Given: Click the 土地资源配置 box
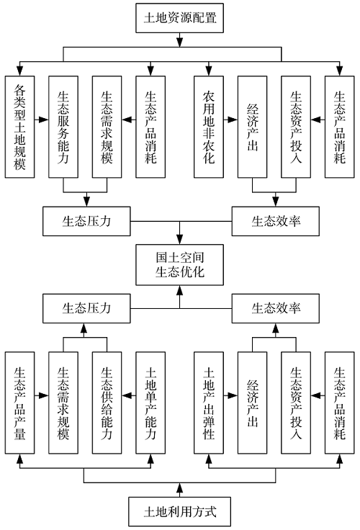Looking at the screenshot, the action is (x=179, y=18).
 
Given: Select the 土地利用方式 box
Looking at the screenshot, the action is (x=179, y=511).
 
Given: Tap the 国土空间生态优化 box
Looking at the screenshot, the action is (x=179, y=265).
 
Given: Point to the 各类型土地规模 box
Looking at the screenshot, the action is (x=19, y=127).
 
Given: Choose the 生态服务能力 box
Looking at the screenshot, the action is (x=63, y=127).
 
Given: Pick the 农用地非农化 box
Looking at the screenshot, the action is (x=209, y=127).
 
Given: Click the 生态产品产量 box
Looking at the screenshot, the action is (x=19, y=403).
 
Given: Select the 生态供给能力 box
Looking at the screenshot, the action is (x=107, y=403).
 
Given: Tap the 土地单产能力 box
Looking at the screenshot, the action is (x=150, y=403).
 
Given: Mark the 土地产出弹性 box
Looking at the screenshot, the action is (x=209, y=403).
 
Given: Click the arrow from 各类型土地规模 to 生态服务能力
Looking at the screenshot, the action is (x=42, y=120).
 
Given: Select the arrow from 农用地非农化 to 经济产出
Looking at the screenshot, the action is (x=230, y=120).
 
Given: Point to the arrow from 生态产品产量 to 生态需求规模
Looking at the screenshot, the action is (x=42, y=395).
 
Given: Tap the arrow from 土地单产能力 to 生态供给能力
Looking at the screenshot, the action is (x=129, y=395).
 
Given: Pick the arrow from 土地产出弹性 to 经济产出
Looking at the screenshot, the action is (x=230, y=395).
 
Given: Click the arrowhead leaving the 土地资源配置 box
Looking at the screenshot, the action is (x=179, y=42).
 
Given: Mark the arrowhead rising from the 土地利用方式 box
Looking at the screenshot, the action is (x=179, y=488).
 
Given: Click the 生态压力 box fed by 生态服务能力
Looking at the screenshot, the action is (x=86, y=221).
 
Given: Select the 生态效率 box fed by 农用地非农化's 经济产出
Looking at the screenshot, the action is (x=276, y=221).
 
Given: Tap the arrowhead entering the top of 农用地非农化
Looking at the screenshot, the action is (x=209, y=71).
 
